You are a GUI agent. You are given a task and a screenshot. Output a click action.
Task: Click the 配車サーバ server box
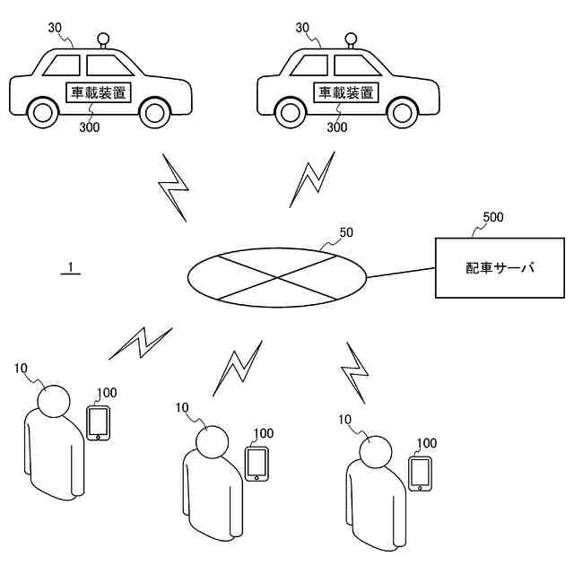(x=499, y=267)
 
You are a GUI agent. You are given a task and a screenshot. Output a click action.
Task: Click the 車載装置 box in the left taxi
(x=99, y=91)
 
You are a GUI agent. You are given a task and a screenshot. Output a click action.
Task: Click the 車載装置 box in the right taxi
(x=345, y=91)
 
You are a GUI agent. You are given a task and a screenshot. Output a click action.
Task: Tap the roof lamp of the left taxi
(x=104, y=40)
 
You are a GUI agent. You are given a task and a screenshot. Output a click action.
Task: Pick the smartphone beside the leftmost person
(x=98, y=423)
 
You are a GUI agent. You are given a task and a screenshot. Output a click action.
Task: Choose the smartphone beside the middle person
(x=257, y=463)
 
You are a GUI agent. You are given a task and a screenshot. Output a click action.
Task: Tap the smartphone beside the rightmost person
(x=420, y=473)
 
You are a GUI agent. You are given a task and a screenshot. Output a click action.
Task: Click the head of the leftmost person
(x=53, y=400)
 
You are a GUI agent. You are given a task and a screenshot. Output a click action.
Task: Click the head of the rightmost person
(x=374, y=449)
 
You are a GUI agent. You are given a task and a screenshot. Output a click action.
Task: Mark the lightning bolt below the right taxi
(x=314, y=180)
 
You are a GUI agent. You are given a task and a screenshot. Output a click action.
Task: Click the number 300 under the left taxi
(x=89, y=128)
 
